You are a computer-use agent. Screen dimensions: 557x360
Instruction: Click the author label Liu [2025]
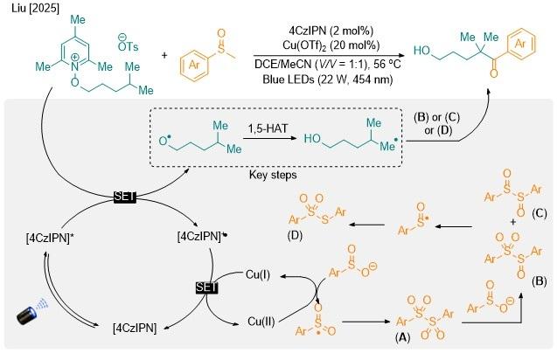[35, 8]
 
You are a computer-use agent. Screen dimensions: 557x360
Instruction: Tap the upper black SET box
[125, 197]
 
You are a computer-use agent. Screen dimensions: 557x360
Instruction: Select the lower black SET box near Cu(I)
[206, 287]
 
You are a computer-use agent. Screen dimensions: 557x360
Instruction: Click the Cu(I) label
[258, 274]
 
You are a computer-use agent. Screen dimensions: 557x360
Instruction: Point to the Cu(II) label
[261, 322]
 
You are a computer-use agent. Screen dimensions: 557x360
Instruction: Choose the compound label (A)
[402, 337]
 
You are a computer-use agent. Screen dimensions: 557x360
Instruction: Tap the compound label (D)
[295, 235]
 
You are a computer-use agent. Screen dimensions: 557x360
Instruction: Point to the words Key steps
[273, 175]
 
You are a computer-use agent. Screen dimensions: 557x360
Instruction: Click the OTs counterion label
[128, 44]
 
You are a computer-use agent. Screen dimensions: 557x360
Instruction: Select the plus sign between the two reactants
[164, 55]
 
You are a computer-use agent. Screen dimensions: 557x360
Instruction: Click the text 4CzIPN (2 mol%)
[331, 31]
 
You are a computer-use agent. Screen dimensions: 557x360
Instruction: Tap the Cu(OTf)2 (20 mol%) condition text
[331, 45]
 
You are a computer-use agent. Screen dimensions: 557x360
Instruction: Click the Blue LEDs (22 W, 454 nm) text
[328, 79]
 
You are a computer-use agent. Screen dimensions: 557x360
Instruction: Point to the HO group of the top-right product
[421, 51]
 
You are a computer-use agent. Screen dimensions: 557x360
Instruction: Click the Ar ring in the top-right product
[519, 44]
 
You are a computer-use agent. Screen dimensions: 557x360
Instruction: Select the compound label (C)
[540, 213]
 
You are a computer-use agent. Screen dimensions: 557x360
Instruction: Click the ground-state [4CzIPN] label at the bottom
[135, 328]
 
